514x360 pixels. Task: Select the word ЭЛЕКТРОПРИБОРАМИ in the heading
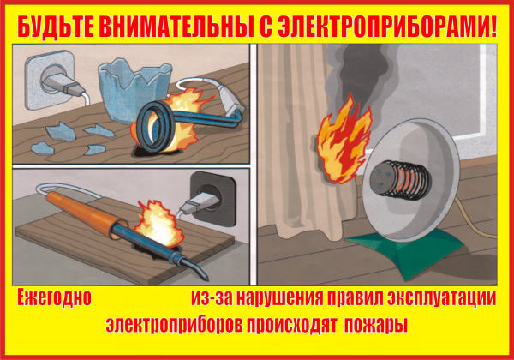click(x=385, y=26)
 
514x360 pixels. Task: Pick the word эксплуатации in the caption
click(x=444, y=299)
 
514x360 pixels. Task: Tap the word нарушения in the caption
click(x=267, y=299)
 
